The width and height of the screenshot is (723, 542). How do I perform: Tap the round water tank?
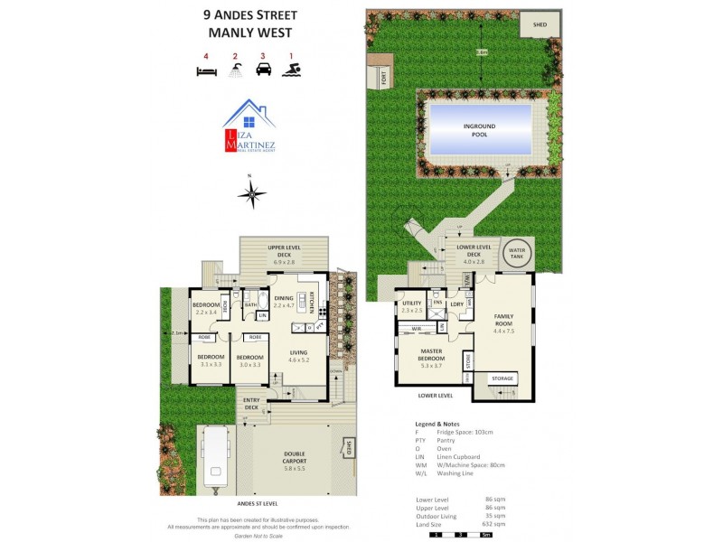point(517,252)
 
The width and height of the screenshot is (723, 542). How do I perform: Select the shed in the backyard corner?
point(540,24)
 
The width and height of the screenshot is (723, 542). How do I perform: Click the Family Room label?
point(502,321)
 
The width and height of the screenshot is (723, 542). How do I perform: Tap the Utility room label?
point(412,306)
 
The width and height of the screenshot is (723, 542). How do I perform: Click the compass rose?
point(252,192)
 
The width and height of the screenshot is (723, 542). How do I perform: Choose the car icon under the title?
point(263,70)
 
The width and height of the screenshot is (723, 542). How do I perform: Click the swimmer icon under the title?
point(291,70)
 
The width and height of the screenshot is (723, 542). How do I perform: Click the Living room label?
point(297,356)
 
